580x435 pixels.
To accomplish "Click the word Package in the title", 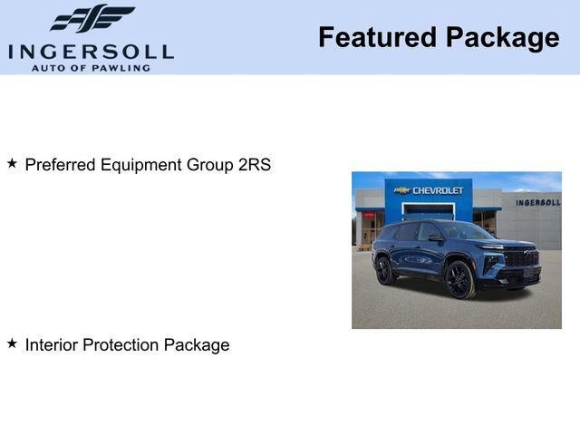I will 502,38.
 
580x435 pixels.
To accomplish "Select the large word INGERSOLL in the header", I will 91,51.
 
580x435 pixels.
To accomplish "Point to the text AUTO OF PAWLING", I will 91,67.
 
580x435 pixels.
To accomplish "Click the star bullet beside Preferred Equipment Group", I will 12,164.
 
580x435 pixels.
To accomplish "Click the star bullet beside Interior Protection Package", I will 12,343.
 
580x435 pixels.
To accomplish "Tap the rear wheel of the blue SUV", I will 384,270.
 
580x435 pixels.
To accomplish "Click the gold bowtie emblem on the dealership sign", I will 402,190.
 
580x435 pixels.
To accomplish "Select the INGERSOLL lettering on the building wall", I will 537,202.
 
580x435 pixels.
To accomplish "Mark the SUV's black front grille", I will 522,258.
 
